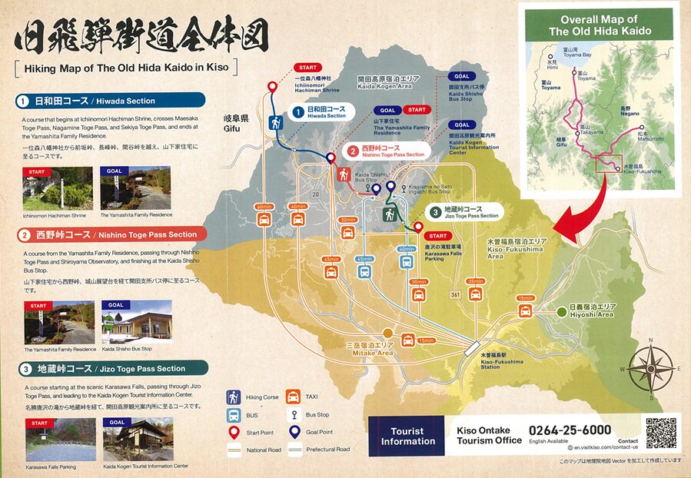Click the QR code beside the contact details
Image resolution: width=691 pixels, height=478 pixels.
coord(661,433)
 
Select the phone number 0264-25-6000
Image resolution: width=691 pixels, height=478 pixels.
coord(570,430)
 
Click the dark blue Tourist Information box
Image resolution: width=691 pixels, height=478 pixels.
coord(407,436)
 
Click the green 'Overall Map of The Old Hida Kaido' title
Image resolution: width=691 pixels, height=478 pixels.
coord(600,25)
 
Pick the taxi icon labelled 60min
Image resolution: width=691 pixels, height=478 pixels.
coord(264,219)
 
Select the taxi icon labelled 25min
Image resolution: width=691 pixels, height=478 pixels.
coord(475,293)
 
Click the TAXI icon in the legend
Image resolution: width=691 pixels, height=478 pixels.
coord(293,397)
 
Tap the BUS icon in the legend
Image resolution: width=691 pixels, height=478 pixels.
coord(233,415)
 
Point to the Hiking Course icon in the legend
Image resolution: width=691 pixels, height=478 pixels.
coord(233,397)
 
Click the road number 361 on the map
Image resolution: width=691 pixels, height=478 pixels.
coord(456,295)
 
